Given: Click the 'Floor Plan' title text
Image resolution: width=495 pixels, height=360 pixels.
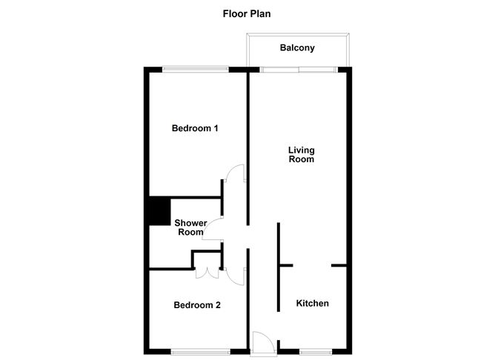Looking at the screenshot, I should pyautogui.click(x=247, y=13).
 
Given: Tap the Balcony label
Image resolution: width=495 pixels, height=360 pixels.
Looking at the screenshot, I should pyautogui.click(x=297, y=48).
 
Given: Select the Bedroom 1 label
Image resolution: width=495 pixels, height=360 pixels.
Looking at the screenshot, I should pyautogui.click(x=194, y=128).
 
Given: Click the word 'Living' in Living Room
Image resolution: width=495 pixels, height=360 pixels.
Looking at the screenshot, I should pyautogui.click(x=302, y=150).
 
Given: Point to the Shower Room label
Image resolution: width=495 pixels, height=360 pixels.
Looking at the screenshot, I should pyautogui.click(x=190, y=227).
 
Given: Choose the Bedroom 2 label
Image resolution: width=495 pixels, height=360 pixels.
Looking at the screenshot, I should pyautogui.click(x=197, y=304).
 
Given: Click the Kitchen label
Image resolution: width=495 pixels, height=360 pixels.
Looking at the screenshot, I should pyautogui.click(x=313, y=304).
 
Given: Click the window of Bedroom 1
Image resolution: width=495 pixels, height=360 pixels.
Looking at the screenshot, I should pyautogui.click(x=196, y=70).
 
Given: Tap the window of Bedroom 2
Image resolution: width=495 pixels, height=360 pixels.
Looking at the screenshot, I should pyautogui.click(x=197, y=350).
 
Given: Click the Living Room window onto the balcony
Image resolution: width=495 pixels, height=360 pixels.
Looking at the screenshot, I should pyautogui.click(x=299, y=70).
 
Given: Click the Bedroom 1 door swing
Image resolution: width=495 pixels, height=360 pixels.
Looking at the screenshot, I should pyautogui.click(x=235, y=173).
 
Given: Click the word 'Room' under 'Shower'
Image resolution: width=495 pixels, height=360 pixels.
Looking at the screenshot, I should pyautogui.click(x=190, y=233).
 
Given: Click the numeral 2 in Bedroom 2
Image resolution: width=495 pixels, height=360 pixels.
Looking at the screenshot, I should pyautogui.click(x=218, y=304).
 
